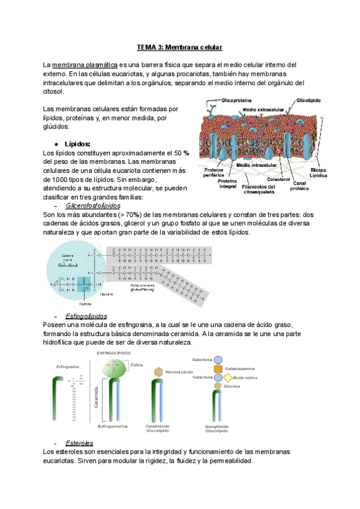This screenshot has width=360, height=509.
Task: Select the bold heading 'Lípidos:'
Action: (77, 144)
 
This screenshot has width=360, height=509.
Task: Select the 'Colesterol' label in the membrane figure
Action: (279, 178)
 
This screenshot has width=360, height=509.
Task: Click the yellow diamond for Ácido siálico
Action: (228, 378)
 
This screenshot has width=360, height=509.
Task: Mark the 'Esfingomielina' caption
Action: (115, 426)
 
